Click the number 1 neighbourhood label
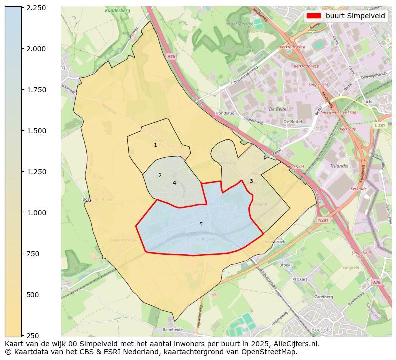(x=155, y=145)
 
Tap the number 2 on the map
(x=160, y=175)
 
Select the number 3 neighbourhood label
(x=251, y=181)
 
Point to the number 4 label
(x=174, y=183)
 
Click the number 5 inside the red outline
(x=201, y=224)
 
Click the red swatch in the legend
(x=314, y=16)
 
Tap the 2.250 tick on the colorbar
(x=36, y=8)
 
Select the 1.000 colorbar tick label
(x=36, y=212)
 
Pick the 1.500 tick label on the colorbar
(x=36, y=131)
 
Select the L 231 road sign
(x=380, y=125)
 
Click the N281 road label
(x=324, y=220)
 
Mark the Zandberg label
(x=324, y=297)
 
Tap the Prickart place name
(x=300, y=279)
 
